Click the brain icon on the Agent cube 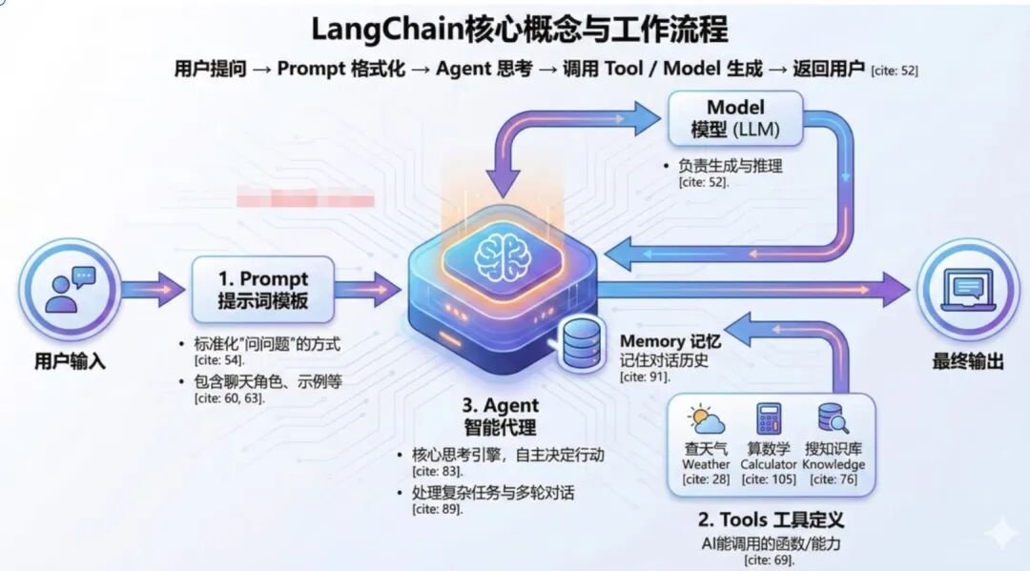503,256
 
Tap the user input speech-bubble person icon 71,290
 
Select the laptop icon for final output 968,290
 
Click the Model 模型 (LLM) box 735,119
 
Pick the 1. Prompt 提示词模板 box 263,290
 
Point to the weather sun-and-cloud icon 706,419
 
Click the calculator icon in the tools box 769,419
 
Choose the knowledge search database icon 833,418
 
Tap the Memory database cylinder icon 582,342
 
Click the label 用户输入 71,361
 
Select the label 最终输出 968,361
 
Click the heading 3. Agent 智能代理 501,417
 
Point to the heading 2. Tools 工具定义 771,520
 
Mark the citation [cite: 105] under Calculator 769,479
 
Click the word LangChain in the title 387,30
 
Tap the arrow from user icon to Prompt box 154,290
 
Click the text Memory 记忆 670,341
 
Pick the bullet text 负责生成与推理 730,166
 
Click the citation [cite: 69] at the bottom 770,560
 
